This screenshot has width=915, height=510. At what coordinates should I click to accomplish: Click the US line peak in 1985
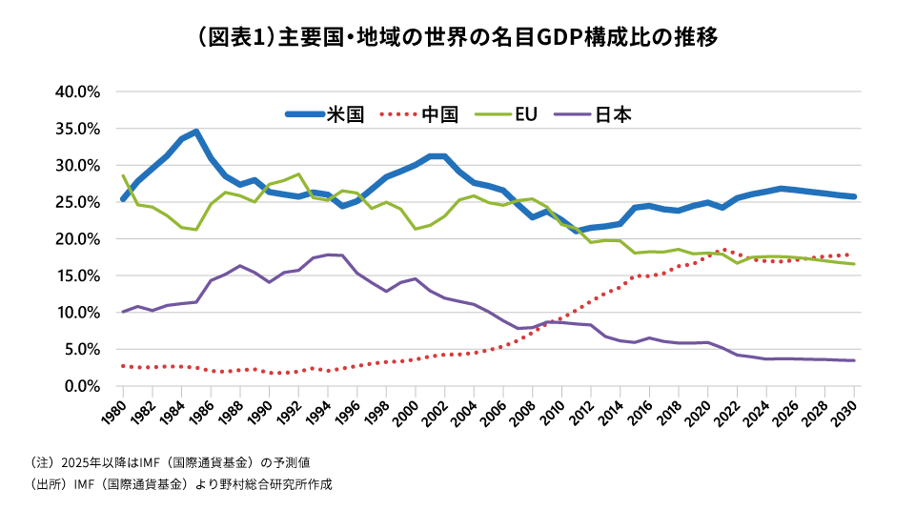(196, 132)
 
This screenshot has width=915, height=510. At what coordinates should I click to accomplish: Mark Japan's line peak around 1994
(329, 255)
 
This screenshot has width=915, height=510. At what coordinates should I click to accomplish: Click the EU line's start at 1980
(123, 175)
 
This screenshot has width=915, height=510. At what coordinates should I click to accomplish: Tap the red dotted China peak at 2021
(722, 249)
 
